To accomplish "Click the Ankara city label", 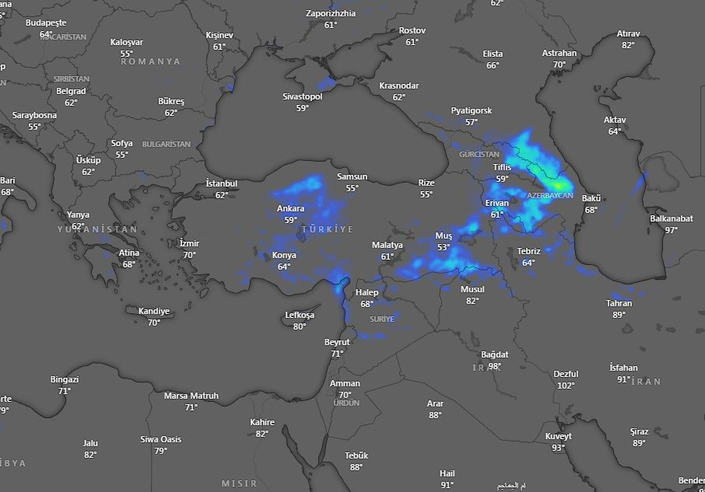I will [290, 208].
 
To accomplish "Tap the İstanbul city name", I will [221, 183].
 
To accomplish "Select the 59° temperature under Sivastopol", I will [302, 108].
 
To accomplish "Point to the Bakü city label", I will [591, 199].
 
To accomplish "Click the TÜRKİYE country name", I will [327, 229].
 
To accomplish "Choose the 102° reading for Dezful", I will [566, 386].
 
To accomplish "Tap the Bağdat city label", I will [494, 354].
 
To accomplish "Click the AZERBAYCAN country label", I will [550, 195].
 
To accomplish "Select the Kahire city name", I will [261, 422].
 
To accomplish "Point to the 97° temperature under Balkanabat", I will [671, 230].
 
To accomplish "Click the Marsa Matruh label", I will [191, 396].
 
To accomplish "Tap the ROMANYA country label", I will [150, 61].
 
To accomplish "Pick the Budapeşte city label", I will [46, 23].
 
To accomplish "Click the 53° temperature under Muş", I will [444, 247].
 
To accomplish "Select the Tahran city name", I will [619, 303].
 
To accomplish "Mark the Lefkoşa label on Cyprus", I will [300, 315].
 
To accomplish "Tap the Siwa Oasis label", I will [160, 439].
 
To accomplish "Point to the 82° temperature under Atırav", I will [628, 45].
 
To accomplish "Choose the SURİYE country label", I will [381, 319].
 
